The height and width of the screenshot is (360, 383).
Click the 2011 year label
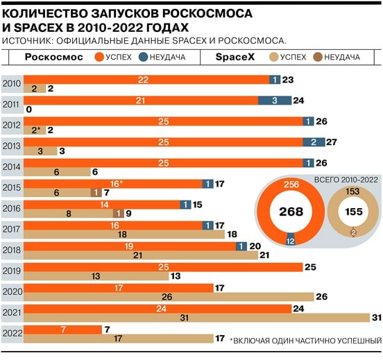10,104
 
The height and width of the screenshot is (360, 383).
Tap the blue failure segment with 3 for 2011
275,101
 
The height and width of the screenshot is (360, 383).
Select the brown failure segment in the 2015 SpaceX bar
96,193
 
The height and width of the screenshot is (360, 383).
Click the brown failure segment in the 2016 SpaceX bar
119,214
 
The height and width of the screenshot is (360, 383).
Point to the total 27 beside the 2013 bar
332,142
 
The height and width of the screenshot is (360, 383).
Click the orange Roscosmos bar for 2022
62,329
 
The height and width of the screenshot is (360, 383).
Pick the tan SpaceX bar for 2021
196,318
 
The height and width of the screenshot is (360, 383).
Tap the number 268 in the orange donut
291,212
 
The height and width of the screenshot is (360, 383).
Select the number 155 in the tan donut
354,212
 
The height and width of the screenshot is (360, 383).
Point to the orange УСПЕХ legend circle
99,57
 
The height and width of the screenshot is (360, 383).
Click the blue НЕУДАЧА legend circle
143,57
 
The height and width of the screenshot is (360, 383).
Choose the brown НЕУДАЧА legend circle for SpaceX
318,57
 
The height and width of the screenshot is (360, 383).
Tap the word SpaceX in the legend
235,57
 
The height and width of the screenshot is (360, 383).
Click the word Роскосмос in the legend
54,57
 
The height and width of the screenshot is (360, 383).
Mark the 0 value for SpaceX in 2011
29,110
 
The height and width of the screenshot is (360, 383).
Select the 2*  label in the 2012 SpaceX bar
36,130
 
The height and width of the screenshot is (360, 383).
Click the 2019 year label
11,271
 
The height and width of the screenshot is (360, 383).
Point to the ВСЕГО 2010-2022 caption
346,180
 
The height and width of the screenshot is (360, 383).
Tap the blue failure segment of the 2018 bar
241,246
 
